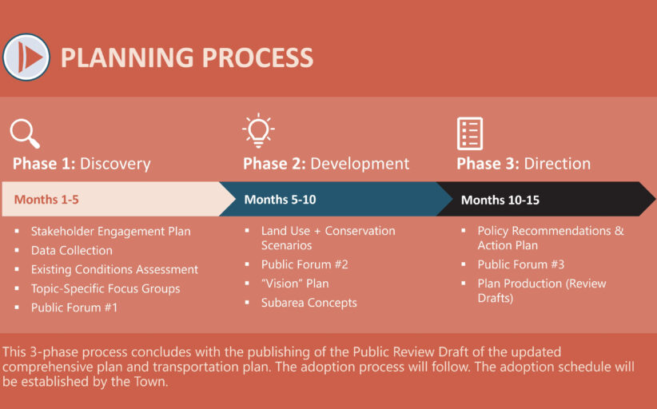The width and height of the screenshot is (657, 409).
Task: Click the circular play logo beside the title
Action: [26, 58]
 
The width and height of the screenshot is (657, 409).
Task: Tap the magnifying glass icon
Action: [25, 134]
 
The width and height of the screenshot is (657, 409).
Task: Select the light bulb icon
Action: [258, 131]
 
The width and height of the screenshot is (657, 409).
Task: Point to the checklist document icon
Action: [470, 133]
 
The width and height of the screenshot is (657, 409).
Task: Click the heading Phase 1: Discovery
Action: [82, 164]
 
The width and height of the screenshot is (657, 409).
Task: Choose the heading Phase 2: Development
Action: [326, 164]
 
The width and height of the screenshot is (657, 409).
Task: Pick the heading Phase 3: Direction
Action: [524, 164]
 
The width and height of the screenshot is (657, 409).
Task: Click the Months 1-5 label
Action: [46, 199]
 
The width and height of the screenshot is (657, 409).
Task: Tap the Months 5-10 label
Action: [280, 199]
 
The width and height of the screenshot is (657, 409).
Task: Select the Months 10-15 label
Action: [500, 200]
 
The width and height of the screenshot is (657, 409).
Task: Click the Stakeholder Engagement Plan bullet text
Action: [110, 232]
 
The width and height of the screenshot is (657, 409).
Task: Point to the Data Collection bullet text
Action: [72, 250]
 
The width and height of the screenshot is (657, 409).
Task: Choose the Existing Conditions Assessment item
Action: [114, 269]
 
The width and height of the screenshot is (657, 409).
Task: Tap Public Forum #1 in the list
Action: [74, 308]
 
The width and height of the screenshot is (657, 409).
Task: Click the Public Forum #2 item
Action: [305, 264]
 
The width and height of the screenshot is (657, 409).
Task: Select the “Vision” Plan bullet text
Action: [295, 284]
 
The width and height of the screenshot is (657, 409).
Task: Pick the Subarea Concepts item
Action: [309, 303]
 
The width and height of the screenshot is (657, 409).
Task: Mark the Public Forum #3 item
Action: [521, 264]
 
